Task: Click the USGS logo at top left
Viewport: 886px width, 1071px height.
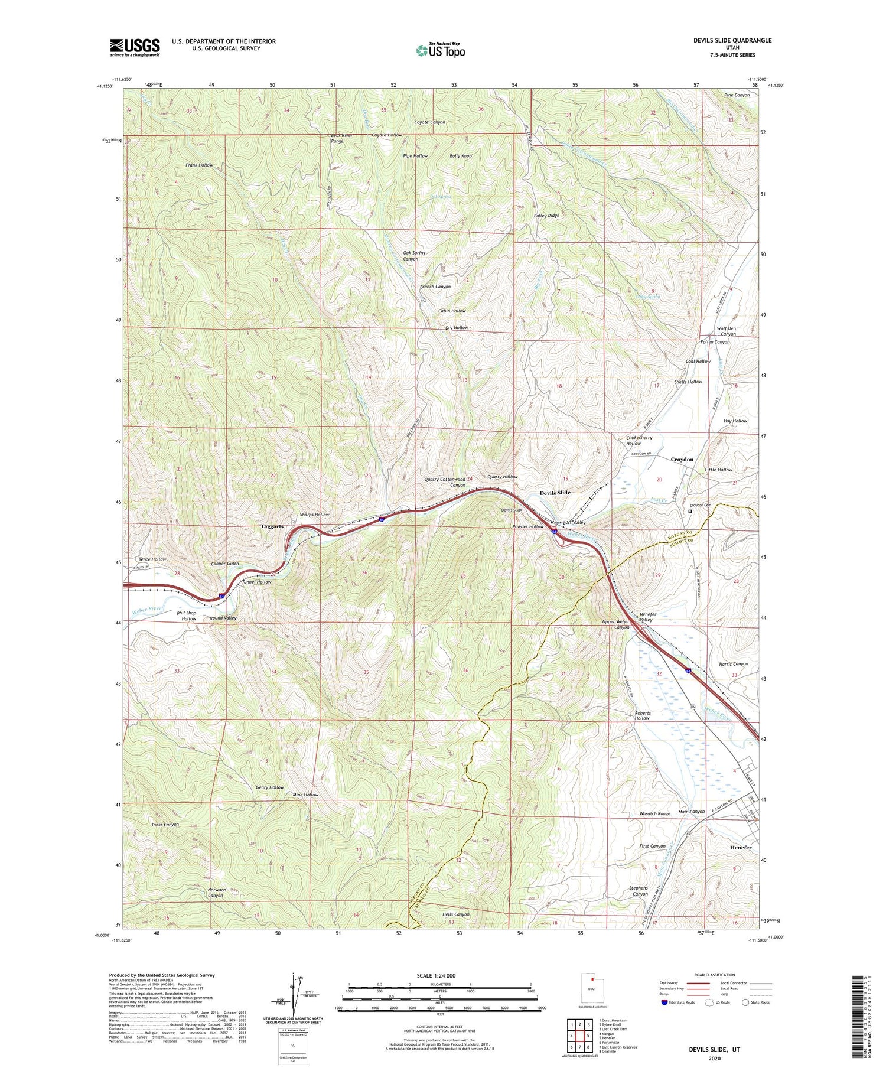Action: pyautogui.click(x=135, y=47)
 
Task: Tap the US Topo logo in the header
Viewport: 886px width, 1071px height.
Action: pyautogui.click(x=440, y=50)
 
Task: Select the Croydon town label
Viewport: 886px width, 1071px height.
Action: pyautogui.click(x=682, y=459)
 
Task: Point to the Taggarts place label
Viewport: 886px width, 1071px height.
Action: pyautogui.click(x=272, y=526)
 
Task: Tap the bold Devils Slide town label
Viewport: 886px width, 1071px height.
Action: pyautogui.click(x=555, y=492)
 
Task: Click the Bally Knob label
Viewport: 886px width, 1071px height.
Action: pyautogui.click(x=461, y=156)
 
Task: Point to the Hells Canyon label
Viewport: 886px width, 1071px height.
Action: pyautogui.click(x=455, y=914)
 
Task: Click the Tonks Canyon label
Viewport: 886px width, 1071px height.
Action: pyautogui.click(x=165, y=824)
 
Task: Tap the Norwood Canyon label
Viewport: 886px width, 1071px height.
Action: pyautogui.click(x=216, y=892)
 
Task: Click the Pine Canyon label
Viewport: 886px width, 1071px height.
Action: pyautogui.click(x=737, y=95)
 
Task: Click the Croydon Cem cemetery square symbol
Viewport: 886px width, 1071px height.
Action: pyautogui.click(x=689, y=512)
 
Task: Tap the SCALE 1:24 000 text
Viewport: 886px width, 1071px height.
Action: pyautogui.click(x=440, y=975)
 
